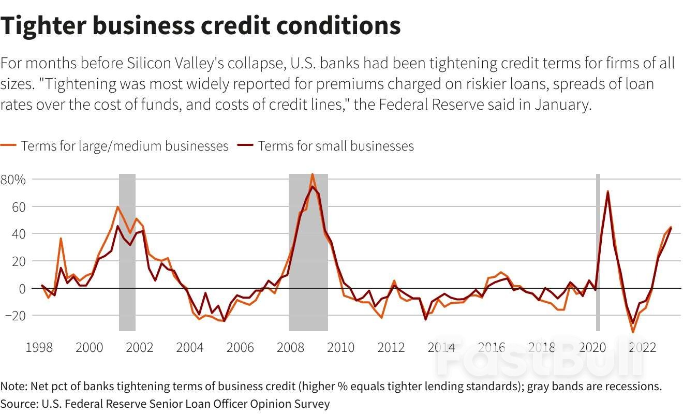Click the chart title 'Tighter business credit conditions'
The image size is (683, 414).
pyautogui.click(x=200, y=25)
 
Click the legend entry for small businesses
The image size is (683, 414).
pyautogui.click(x=326, y=146)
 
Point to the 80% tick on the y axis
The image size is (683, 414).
pyautogui.click(x=13, y=180)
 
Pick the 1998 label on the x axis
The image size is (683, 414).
pyautogui.click(x=39, y=347)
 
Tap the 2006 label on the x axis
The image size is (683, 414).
pyautogui.click(x=241, y=347)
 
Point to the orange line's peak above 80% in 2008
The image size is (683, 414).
pyautogui.click(x=313, y=174)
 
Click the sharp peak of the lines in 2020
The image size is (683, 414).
pyautogui.click(x=607, y=191)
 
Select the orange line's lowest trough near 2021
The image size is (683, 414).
pyautogui.click(x=632, y=332)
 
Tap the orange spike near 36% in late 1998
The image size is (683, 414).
pyautogui.click(x=61, y=239)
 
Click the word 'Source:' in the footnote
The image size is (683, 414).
pyautogui.click(x=18, y=403)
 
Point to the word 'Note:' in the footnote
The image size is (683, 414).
pyautogui.click(x=14, y=387)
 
